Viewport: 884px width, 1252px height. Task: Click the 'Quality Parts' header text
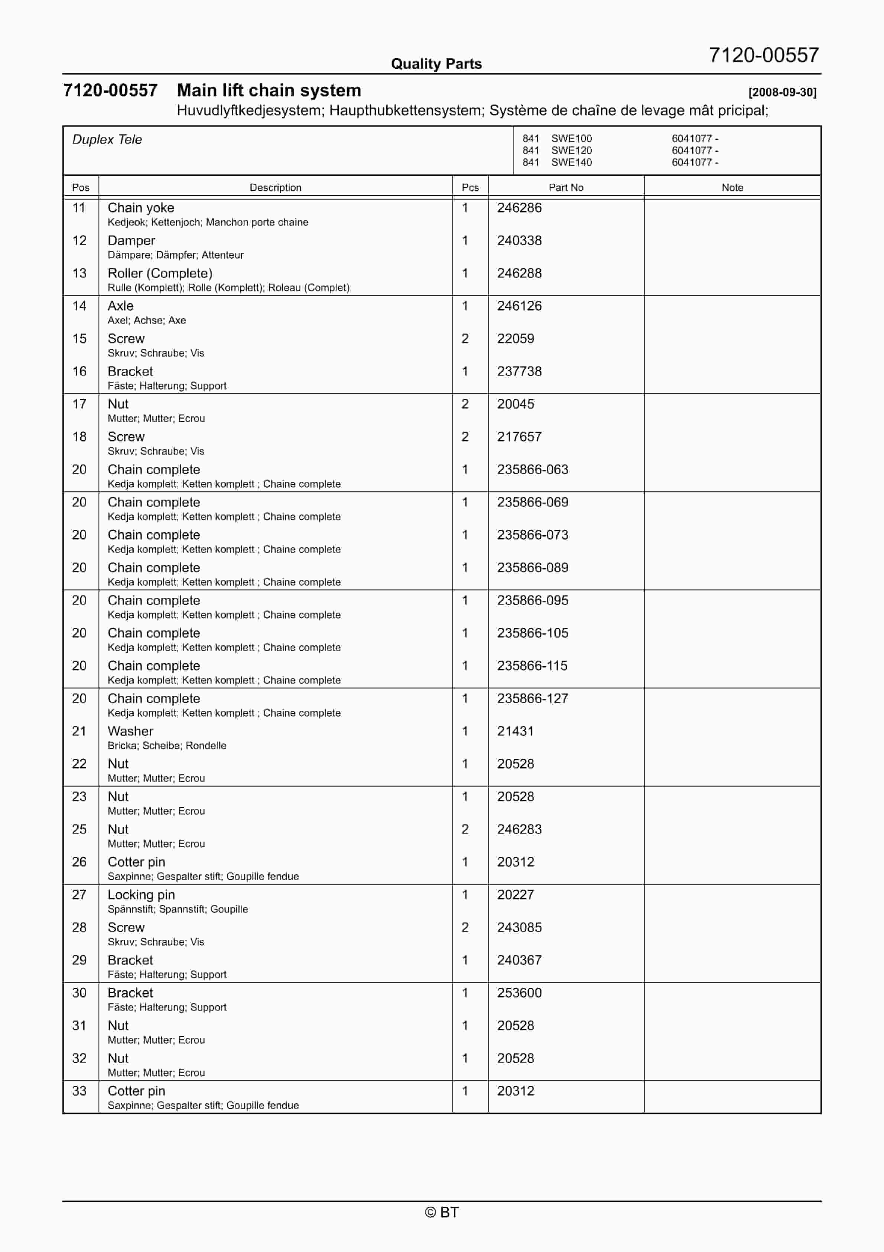pos(436,64)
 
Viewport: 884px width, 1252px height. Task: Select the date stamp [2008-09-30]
pos(782,92)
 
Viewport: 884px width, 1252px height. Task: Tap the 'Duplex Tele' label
pos(107,140)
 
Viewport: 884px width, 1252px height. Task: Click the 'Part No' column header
pos(566,188)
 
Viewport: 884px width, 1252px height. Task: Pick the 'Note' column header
pos(732,188)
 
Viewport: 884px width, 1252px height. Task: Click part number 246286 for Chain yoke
pos(519,208)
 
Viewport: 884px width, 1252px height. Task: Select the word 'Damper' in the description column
pos(131,241)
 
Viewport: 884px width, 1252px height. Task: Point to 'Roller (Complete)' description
pos(160,273)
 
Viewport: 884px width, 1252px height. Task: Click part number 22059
pos(515,339)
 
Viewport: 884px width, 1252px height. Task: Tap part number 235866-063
pos(532,469)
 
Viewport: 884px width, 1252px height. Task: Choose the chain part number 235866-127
pos(532,698)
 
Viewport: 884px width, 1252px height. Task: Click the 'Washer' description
pos(130,731)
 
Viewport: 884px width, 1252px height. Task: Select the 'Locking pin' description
pos(141,895)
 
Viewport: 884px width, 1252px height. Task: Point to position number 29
pos(79,960)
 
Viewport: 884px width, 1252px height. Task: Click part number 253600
pos(519,993)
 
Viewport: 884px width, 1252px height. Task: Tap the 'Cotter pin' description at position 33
pos(136,1091)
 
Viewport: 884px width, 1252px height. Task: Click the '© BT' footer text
pos(442,1212)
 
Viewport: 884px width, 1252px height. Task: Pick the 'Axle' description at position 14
pos(120,306)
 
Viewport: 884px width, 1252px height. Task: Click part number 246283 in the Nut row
pos(519,829)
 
